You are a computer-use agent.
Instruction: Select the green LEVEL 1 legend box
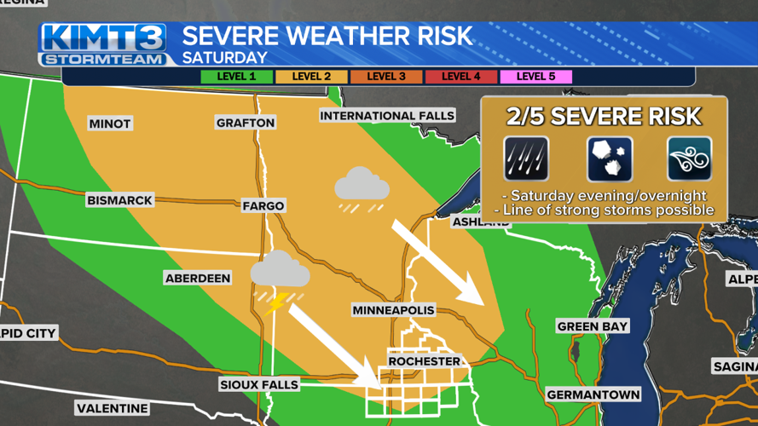tap(236, 77)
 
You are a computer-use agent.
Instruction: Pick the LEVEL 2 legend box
tap(311, 77)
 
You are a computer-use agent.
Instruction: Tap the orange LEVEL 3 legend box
tap(385, 77)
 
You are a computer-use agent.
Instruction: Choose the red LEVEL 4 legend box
tap(460, 77)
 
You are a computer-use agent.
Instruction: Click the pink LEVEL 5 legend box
tap(535, 77)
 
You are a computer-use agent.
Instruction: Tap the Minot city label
tap(110, 124)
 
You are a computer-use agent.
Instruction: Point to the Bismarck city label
tap(119, 201)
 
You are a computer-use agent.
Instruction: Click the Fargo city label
tap(263, 205)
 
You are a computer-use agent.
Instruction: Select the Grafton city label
tap(246, 123)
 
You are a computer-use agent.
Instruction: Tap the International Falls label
tap(386, 115)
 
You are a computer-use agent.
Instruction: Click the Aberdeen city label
tap(197, 279)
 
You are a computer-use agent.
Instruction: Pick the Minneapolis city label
tap(393, 310)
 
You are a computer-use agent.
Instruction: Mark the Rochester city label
tap(424, 361)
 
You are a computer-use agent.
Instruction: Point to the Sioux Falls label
tap(259, 384)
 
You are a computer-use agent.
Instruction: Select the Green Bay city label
tap(592, 326)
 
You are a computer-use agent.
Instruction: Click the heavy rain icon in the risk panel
tap(525, 158)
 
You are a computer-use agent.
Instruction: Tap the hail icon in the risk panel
tap(609, 158)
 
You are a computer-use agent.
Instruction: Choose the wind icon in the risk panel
tap(689, 158)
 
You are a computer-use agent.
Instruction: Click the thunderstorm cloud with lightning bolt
tap(279, 279)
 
